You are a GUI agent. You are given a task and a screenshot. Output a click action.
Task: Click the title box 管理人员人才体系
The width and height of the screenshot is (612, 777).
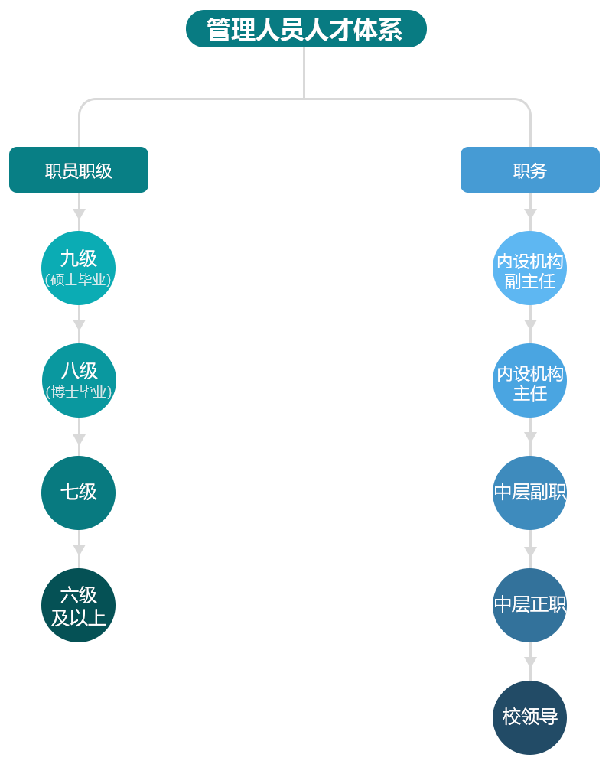pyautogui.click(x=306, y=29)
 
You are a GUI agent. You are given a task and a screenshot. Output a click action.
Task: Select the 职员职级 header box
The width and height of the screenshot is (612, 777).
pyautogui.click(x=79, y=170)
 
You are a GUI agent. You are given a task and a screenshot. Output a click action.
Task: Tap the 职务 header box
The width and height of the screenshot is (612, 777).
pyautogui.click(x=529, y=170)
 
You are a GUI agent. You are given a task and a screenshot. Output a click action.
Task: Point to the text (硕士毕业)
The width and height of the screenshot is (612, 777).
pyautogui.click(x=79, y=280)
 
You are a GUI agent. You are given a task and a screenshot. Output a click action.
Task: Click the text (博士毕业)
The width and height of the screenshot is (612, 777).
pyautogui.click(x=79, y=392)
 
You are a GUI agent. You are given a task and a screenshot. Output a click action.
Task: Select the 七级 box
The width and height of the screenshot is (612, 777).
pyautogui.click(x=79, y=493)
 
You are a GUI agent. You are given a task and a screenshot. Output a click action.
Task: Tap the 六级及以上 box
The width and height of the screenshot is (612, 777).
pyautogui.click(x=79, y=605)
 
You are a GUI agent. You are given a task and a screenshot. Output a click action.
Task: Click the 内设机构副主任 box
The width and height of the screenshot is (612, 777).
pyautogui.click(x=529, y=268)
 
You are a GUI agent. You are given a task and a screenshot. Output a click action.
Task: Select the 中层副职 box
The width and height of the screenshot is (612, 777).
pyautogui.click(x=529, y=493)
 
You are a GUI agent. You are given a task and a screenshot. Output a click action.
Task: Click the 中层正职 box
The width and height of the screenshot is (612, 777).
pyautogui.click(x=529, y=605)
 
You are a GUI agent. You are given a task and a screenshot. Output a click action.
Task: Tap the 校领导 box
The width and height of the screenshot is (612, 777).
pyautogui.click(x=529, y=717)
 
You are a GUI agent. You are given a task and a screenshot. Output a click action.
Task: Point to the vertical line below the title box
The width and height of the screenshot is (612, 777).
pyautogui.click(x=304, y=73)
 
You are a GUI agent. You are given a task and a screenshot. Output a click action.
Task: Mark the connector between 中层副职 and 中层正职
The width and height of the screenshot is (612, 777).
pyautogui.click(x=516, y=549)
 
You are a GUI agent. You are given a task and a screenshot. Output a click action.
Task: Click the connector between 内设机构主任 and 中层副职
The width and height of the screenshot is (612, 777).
pyautogui.click(x=516, y=437)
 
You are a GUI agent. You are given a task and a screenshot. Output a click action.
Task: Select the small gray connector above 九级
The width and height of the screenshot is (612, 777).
pyautogui.click(x=79, y=219)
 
